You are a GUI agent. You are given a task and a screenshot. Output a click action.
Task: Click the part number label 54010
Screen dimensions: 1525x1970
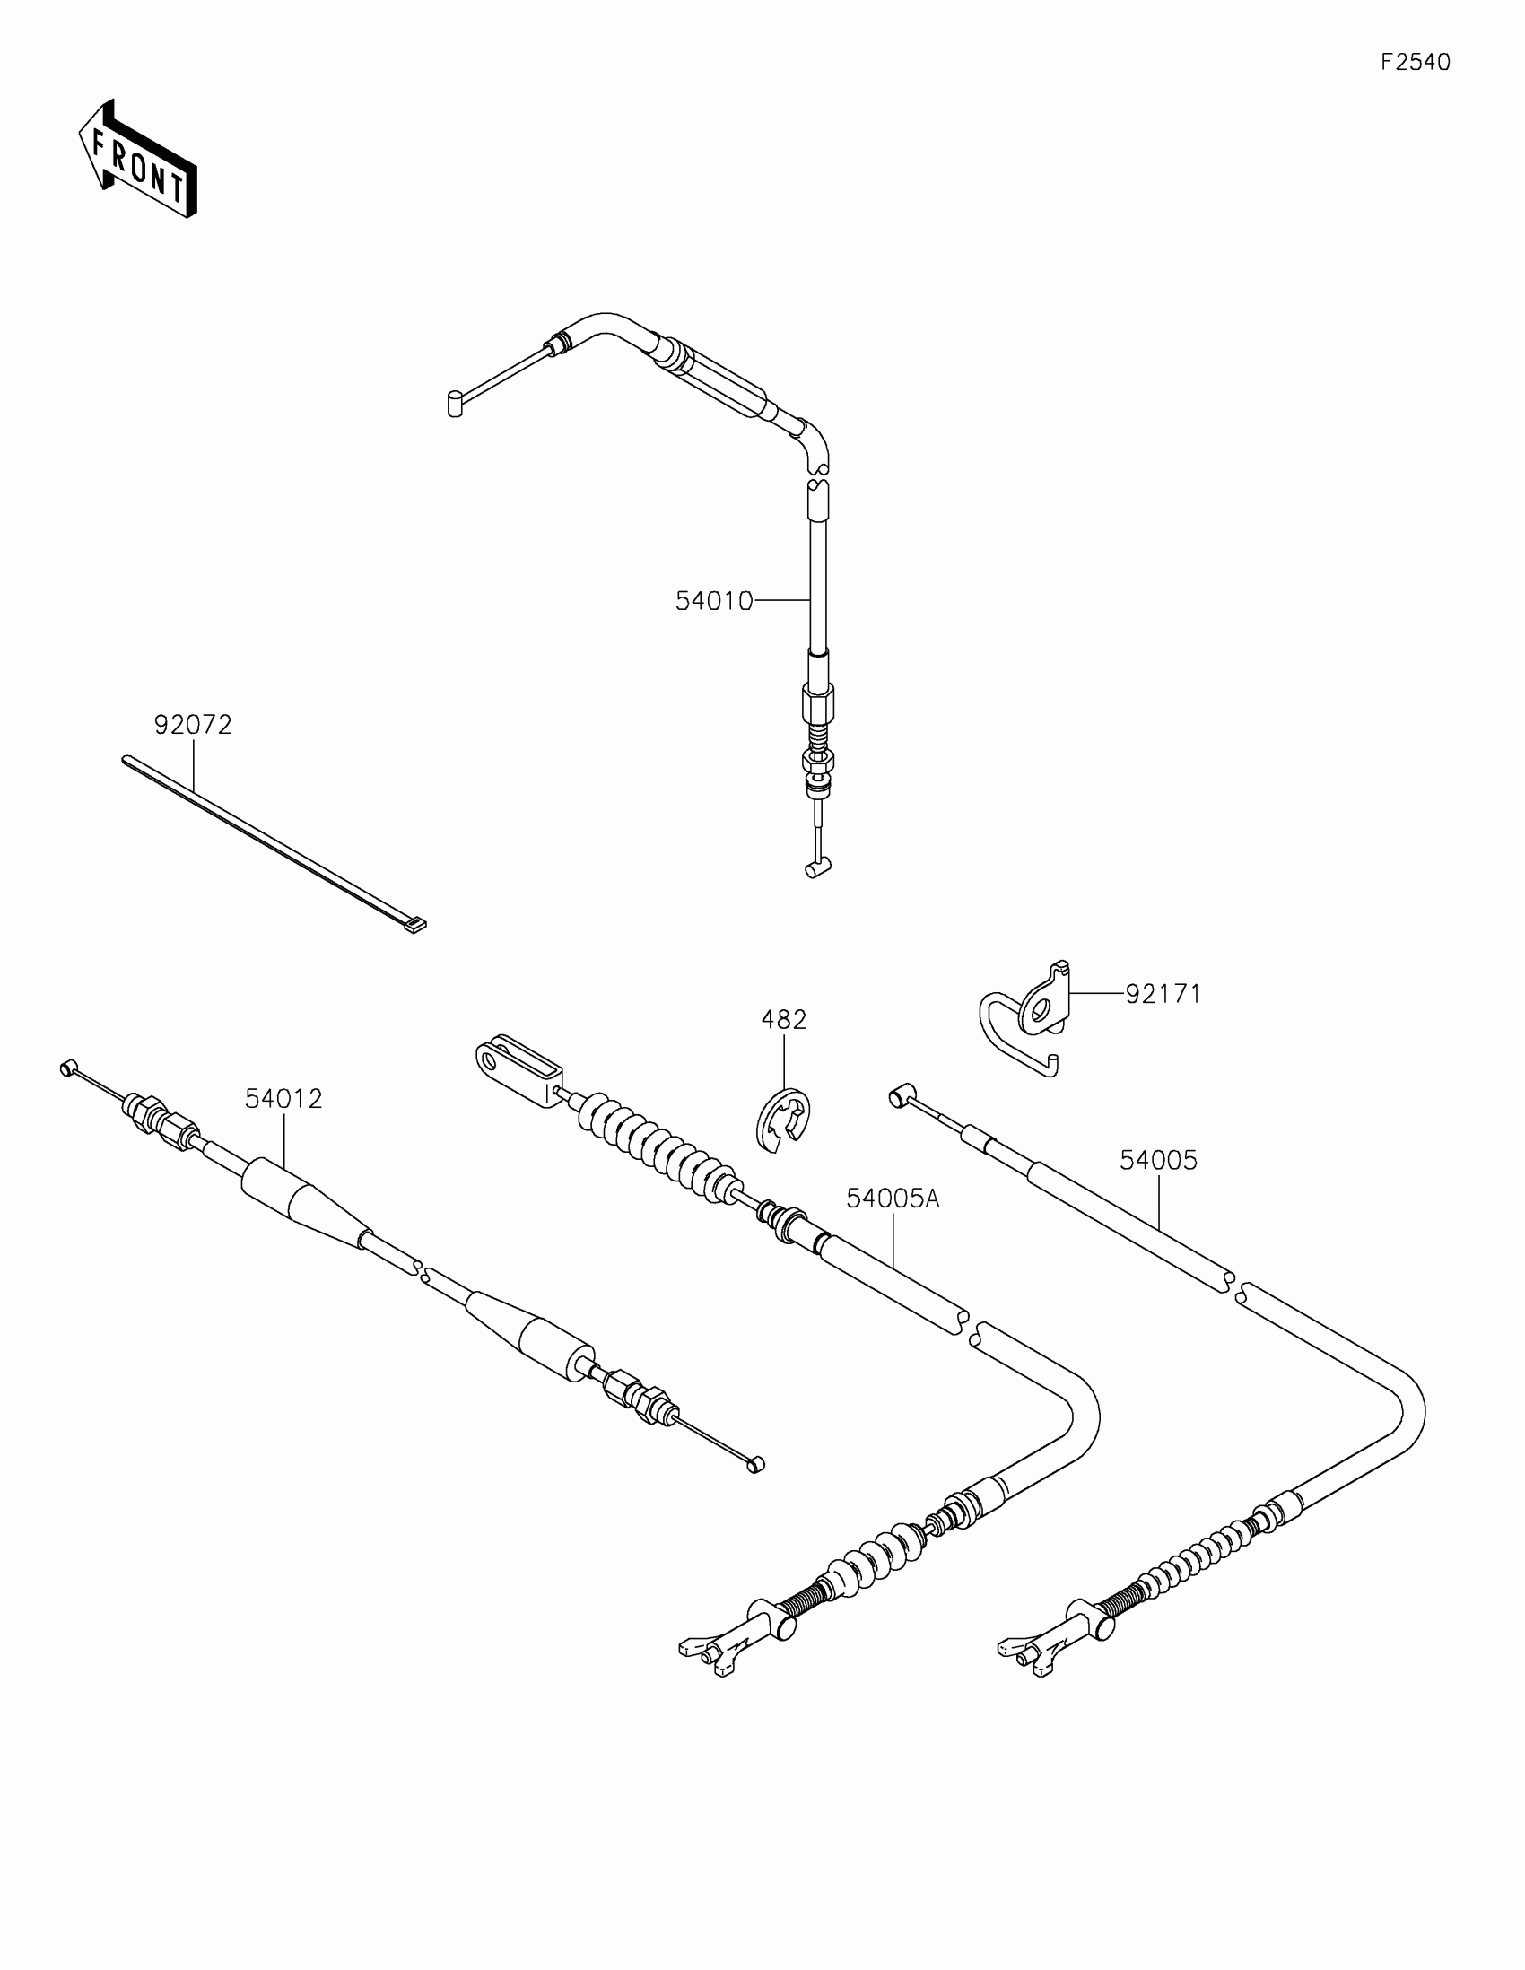(x=713, y=602)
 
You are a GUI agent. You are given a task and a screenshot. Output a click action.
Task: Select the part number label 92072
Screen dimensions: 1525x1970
(x=193, y=724)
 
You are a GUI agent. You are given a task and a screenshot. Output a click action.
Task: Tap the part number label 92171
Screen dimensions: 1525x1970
(x=1163, y=994)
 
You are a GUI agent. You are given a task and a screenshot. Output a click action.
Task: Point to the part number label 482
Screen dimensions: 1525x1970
(x=784, y=1020)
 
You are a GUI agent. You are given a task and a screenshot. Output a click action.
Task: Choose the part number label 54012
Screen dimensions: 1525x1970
(x=283, y=1099)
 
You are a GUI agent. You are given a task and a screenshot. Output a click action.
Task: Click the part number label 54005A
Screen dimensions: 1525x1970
(x=892, y=1199)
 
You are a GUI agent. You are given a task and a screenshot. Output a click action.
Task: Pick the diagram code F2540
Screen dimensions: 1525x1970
(x=1416, y=62)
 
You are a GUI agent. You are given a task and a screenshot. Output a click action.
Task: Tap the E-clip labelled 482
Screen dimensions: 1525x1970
(x=782, y=1121)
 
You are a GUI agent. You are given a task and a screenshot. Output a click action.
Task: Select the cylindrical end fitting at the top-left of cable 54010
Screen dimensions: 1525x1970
(x=456, y=402)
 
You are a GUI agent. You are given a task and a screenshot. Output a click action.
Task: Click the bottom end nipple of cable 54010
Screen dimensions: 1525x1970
(x=817, y=868)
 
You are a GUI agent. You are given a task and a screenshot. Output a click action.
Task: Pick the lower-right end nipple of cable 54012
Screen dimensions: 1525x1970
(x=755, y=1464)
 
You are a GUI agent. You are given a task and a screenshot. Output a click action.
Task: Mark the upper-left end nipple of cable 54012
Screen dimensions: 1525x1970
(x=66, y=1068)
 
